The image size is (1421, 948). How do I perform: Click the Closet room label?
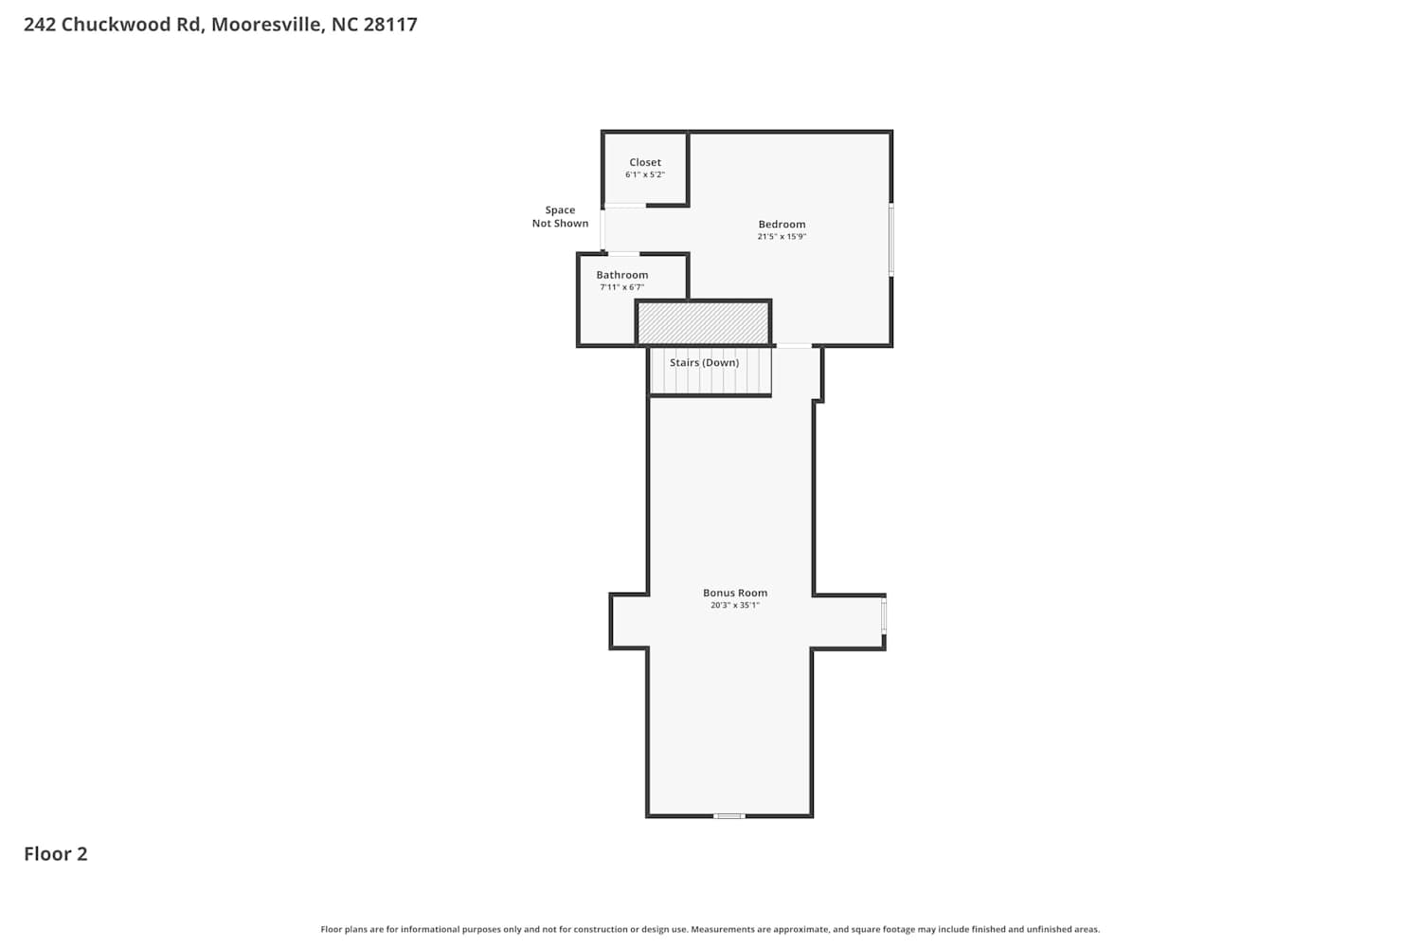(644, 162)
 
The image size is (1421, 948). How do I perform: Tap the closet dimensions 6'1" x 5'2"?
(644, 174)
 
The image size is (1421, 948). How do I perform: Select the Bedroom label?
(782, 224)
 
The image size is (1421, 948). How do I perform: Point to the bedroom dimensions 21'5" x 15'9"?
(782, 236)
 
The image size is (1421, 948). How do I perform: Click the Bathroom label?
(621, 275)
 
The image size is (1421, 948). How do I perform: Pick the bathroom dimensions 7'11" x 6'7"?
(621, 287)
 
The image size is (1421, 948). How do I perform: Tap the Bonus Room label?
(734, 592)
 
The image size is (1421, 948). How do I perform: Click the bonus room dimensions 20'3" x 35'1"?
(734, 605)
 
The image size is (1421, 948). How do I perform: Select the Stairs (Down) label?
(704, 362)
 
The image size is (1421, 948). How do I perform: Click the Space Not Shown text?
(560, 216)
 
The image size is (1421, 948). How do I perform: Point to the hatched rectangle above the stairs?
(703, 323)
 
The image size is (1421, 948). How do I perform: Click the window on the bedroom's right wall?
(890, 240)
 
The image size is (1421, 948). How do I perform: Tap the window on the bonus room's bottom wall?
(728, 816)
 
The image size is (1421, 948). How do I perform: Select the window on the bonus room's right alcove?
(884, 615)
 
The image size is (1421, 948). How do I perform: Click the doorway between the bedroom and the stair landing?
(794, 345)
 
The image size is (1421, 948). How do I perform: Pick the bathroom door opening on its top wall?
(623, 254)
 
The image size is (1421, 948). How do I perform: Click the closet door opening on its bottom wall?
(624, 205)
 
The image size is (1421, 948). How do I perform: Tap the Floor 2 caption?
(56, 853)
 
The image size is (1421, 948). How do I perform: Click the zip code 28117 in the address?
(390, 24)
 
